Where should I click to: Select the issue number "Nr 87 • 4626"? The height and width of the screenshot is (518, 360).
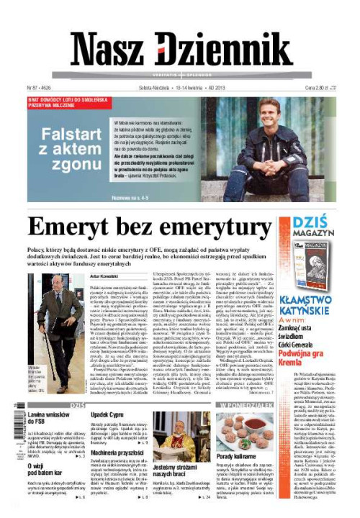(42, 87)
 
